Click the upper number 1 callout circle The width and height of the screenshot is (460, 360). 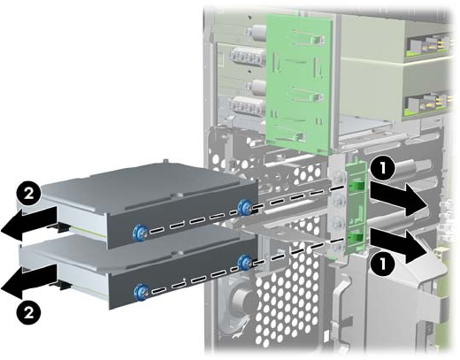[x=382, y=169]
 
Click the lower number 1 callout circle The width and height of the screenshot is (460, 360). [x=382, y=263]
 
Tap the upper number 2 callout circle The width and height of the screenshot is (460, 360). [x=28, y=195]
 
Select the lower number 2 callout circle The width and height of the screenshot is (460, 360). [x=28, y=313]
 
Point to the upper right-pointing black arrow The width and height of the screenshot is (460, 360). [x=399, y=199]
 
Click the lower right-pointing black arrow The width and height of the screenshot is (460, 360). [x=399, y=246]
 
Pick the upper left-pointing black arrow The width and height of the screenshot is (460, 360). [x=29, y=224]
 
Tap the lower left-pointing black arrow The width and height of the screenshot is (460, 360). [x=29, y=281]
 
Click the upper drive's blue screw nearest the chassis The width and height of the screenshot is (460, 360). [x=244, y=207]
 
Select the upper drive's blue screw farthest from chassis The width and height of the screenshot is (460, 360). [x=140, y=233]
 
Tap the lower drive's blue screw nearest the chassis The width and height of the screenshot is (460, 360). [x=245, y=263]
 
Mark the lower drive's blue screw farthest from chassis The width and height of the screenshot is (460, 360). [x=141, y=291]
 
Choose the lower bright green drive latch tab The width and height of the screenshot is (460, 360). [x=356, y=235]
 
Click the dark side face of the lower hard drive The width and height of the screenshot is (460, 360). [x=183, y=280]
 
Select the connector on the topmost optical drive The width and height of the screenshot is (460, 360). [x=427, y=46]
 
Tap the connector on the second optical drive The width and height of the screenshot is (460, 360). [x=427, y=104]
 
